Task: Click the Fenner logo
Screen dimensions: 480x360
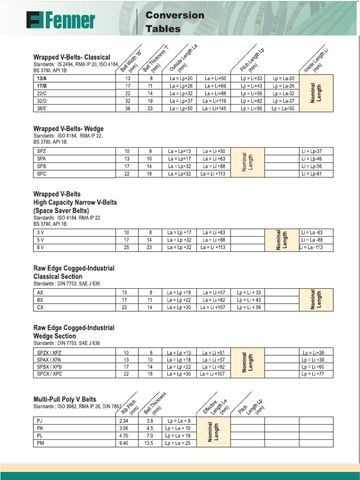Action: point(60,21)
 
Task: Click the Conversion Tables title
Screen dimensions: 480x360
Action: point(175,22)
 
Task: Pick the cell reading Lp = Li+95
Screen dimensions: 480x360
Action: point(251,108)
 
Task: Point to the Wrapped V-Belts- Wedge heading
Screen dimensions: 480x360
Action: point(68,128)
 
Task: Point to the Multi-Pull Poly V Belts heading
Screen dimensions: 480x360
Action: point(65,399)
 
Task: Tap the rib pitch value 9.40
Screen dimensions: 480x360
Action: point(124,443)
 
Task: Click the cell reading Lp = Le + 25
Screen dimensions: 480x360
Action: point(178,443)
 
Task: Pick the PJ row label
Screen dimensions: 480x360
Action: point(39,420)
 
